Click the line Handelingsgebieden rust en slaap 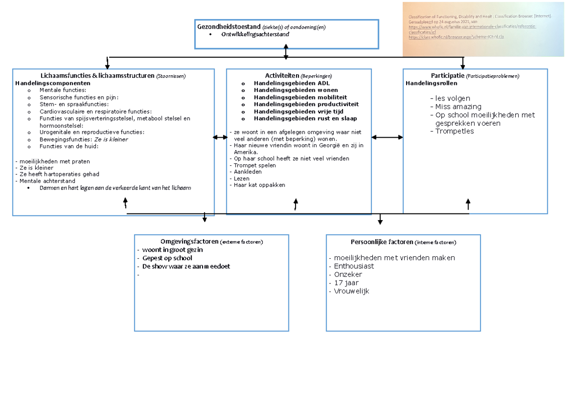[x=306, y=118]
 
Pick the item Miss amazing [x=455, y=107]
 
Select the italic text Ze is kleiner [x=111, y=140]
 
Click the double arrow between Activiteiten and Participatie [x=387, y=137]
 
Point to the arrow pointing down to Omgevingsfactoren [x=204, y=217]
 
